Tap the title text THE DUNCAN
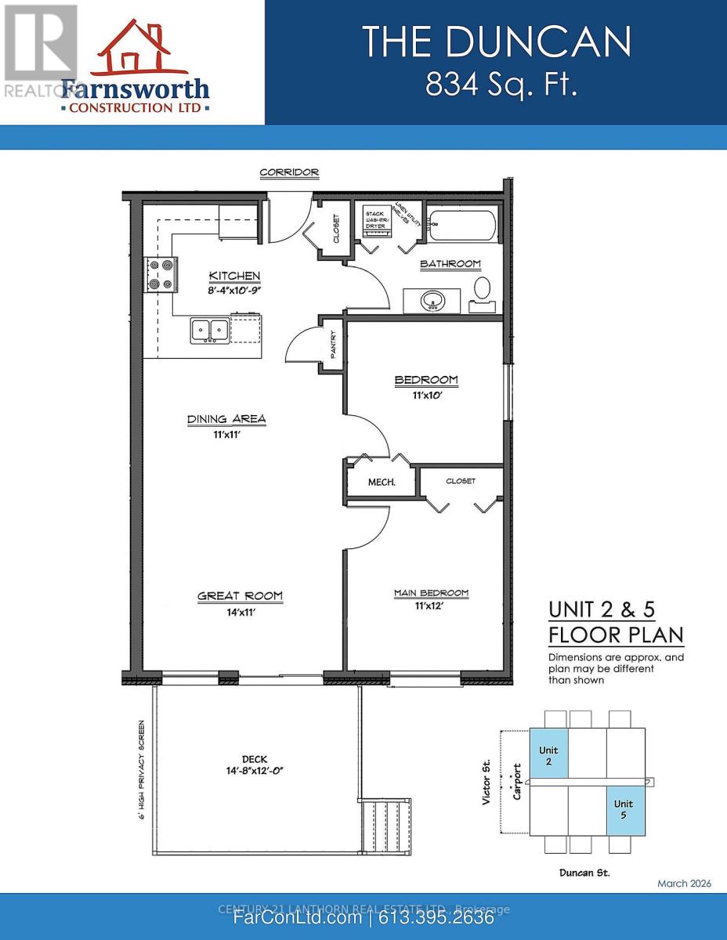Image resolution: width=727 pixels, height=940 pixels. [x=496, y=41]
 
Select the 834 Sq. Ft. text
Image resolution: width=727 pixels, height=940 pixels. [x=501, y=85]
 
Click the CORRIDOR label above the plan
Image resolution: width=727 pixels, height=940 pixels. [x=289, y=172]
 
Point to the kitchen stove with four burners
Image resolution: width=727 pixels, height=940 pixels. [x=159, y=276]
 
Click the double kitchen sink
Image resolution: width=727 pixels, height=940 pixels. [x=209, y=331]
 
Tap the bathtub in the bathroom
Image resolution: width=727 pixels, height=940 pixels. [x=461, y=226]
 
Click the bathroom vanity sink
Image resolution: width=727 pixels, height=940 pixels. [x=432, y=300]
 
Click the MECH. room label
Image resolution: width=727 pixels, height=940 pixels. [x=382, y=482]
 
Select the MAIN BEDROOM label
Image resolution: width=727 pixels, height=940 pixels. [x=431, y=593]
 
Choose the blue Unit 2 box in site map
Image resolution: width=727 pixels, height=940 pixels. [x=548, y=755]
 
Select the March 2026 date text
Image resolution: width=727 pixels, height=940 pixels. [x=684, y=883]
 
